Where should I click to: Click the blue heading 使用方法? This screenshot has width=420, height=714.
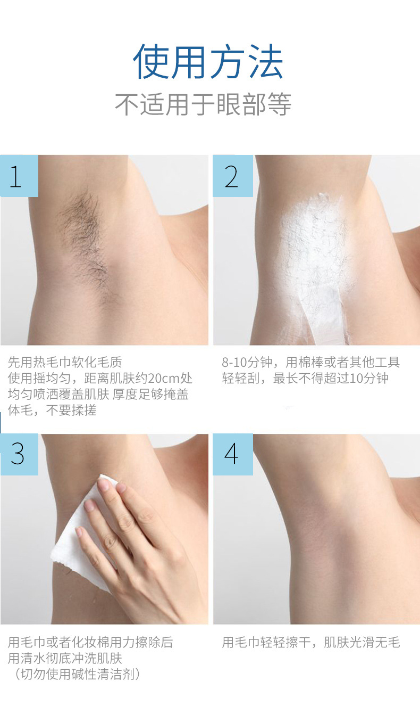coord(208,62)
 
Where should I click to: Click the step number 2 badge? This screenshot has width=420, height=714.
coord(232,176)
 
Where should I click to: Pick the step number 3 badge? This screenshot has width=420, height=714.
coord(19,454)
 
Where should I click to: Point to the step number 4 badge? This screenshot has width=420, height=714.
coord(232,454)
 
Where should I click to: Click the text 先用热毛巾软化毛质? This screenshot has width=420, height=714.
coord(65,363)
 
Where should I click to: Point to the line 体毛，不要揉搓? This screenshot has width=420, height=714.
coord(52,410)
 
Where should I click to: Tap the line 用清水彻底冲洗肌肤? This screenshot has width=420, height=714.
coord(65,659)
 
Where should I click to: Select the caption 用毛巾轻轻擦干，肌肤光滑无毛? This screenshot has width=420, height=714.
coord(310,643)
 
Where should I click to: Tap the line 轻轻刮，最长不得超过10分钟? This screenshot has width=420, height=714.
coord(305,379)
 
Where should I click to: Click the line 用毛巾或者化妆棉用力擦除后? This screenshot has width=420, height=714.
coord(90,643)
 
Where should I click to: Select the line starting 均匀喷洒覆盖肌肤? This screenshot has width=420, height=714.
coord(98,395)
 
